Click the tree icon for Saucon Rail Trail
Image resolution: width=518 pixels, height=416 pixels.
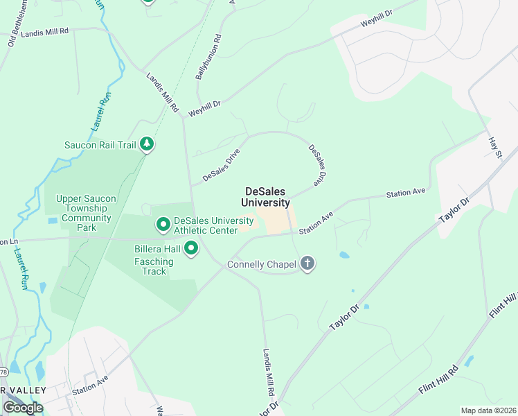[146, 144]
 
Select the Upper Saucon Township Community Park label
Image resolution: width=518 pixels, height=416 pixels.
[86, 208]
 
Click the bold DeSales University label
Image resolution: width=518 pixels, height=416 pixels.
[265, 197]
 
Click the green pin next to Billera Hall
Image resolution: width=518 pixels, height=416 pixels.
[192, 248]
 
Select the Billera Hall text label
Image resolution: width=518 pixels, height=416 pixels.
[157, 248]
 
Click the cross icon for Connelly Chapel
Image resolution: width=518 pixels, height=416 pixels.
[308, 263]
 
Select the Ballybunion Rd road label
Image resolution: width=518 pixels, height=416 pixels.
[208, 57]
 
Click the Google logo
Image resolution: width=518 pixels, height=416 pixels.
[23, 407]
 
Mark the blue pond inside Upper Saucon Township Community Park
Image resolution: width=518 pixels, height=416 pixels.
[53, 222]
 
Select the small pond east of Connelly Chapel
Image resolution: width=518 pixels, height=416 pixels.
[344, 255]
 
